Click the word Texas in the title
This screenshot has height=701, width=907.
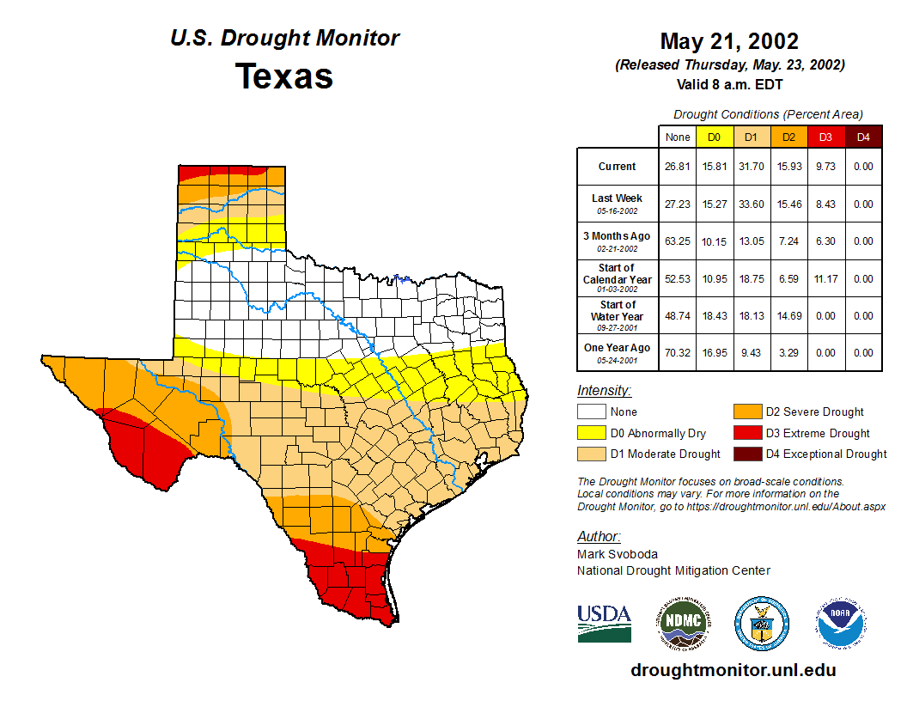(x=284, y=76)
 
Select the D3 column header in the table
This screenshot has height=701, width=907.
(x=825, y=137)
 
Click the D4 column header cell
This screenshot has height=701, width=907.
(x=863, y=137)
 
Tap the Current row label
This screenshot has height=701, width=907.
(x=618, y=167)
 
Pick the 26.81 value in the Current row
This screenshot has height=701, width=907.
(x=678, y=167)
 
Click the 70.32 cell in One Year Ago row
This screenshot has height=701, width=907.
(x=678, y=352)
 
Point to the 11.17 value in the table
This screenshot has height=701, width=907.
(x=825, y=278)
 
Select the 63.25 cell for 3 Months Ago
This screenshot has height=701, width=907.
(x=678, y=241)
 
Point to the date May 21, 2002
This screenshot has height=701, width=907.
(x=729, y=41)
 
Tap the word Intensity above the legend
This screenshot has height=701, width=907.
(x=604, y=391)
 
